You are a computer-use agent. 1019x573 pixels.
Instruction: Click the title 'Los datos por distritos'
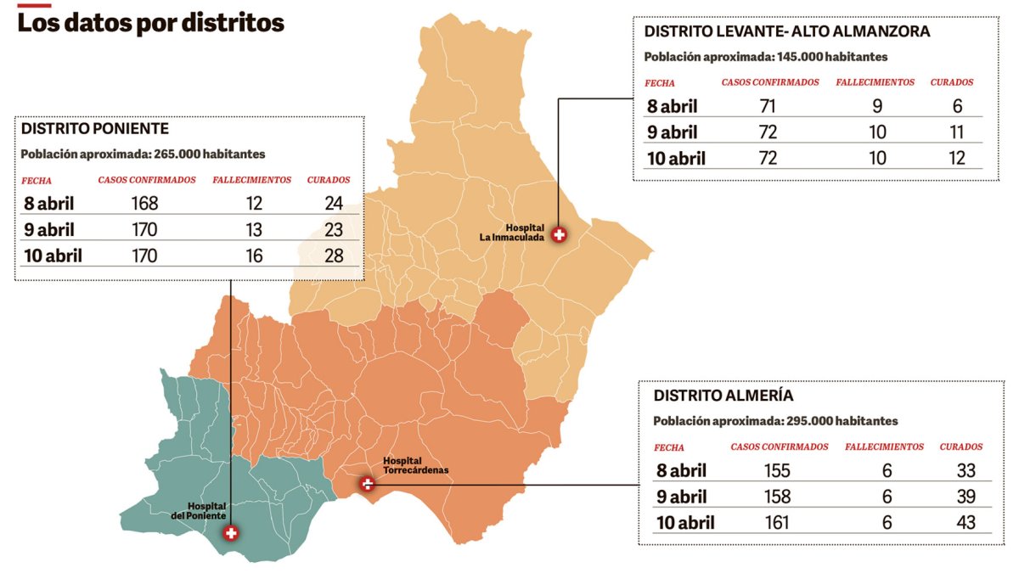150,23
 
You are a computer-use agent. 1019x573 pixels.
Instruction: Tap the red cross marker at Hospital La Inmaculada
559,235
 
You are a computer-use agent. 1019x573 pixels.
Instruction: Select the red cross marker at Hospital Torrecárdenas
367,484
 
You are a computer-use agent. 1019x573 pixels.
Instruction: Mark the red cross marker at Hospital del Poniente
230,533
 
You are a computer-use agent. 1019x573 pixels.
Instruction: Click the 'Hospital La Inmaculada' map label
511,233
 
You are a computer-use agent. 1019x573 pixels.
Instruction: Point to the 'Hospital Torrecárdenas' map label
414,464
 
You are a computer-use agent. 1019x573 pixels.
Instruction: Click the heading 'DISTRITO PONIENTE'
95,129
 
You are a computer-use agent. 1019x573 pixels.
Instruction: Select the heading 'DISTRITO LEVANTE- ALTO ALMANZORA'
787,31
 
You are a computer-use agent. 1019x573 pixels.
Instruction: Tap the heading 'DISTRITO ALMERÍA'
723,396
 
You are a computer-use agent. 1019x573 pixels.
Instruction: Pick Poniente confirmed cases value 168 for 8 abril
145,203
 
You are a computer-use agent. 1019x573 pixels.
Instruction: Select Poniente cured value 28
334,256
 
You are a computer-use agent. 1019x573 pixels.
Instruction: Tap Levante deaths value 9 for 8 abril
877,106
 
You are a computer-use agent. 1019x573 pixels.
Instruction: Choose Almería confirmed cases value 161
776,522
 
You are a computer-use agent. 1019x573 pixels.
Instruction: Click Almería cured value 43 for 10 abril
966,522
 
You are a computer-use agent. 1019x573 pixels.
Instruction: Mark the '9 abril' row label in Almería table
685,497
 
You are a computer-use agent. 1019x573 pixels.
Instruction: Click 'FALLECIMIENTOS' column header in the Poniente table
251,180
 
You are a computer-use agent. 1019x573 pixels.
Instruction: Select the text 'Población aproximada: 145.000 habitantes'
766,57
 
